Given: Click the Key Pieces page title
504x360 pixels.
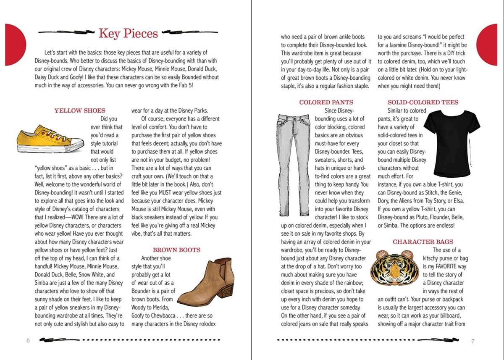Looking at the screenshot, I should click(x=128, y=33).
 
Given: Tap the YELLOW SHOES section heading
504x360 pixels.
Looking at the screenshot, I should click(x=80, y=110).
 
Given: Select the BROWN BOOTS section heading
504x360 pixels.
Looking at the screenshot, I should click(x=176, y=250).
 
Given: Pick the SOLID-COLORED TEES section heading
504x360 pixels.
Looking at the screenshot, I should click(x=423, y=102).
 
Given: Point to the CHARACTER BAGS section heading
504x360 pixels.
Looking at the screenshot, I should click(x=423, y=242).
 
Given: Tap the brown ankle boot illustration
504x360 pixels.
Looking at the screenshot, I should click(x=206, y=281).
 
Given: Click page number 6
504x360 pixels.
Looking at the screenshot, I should click(x=28, y=341).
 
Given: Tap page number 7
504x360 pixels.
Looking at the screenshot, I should click(x=473, y=341).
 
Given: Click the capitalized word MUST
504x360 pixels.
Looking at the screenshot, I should click(x=173, y=193).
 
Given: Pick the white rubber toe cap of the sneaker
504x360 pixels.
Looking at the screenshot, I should click(x=78, y=145).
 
